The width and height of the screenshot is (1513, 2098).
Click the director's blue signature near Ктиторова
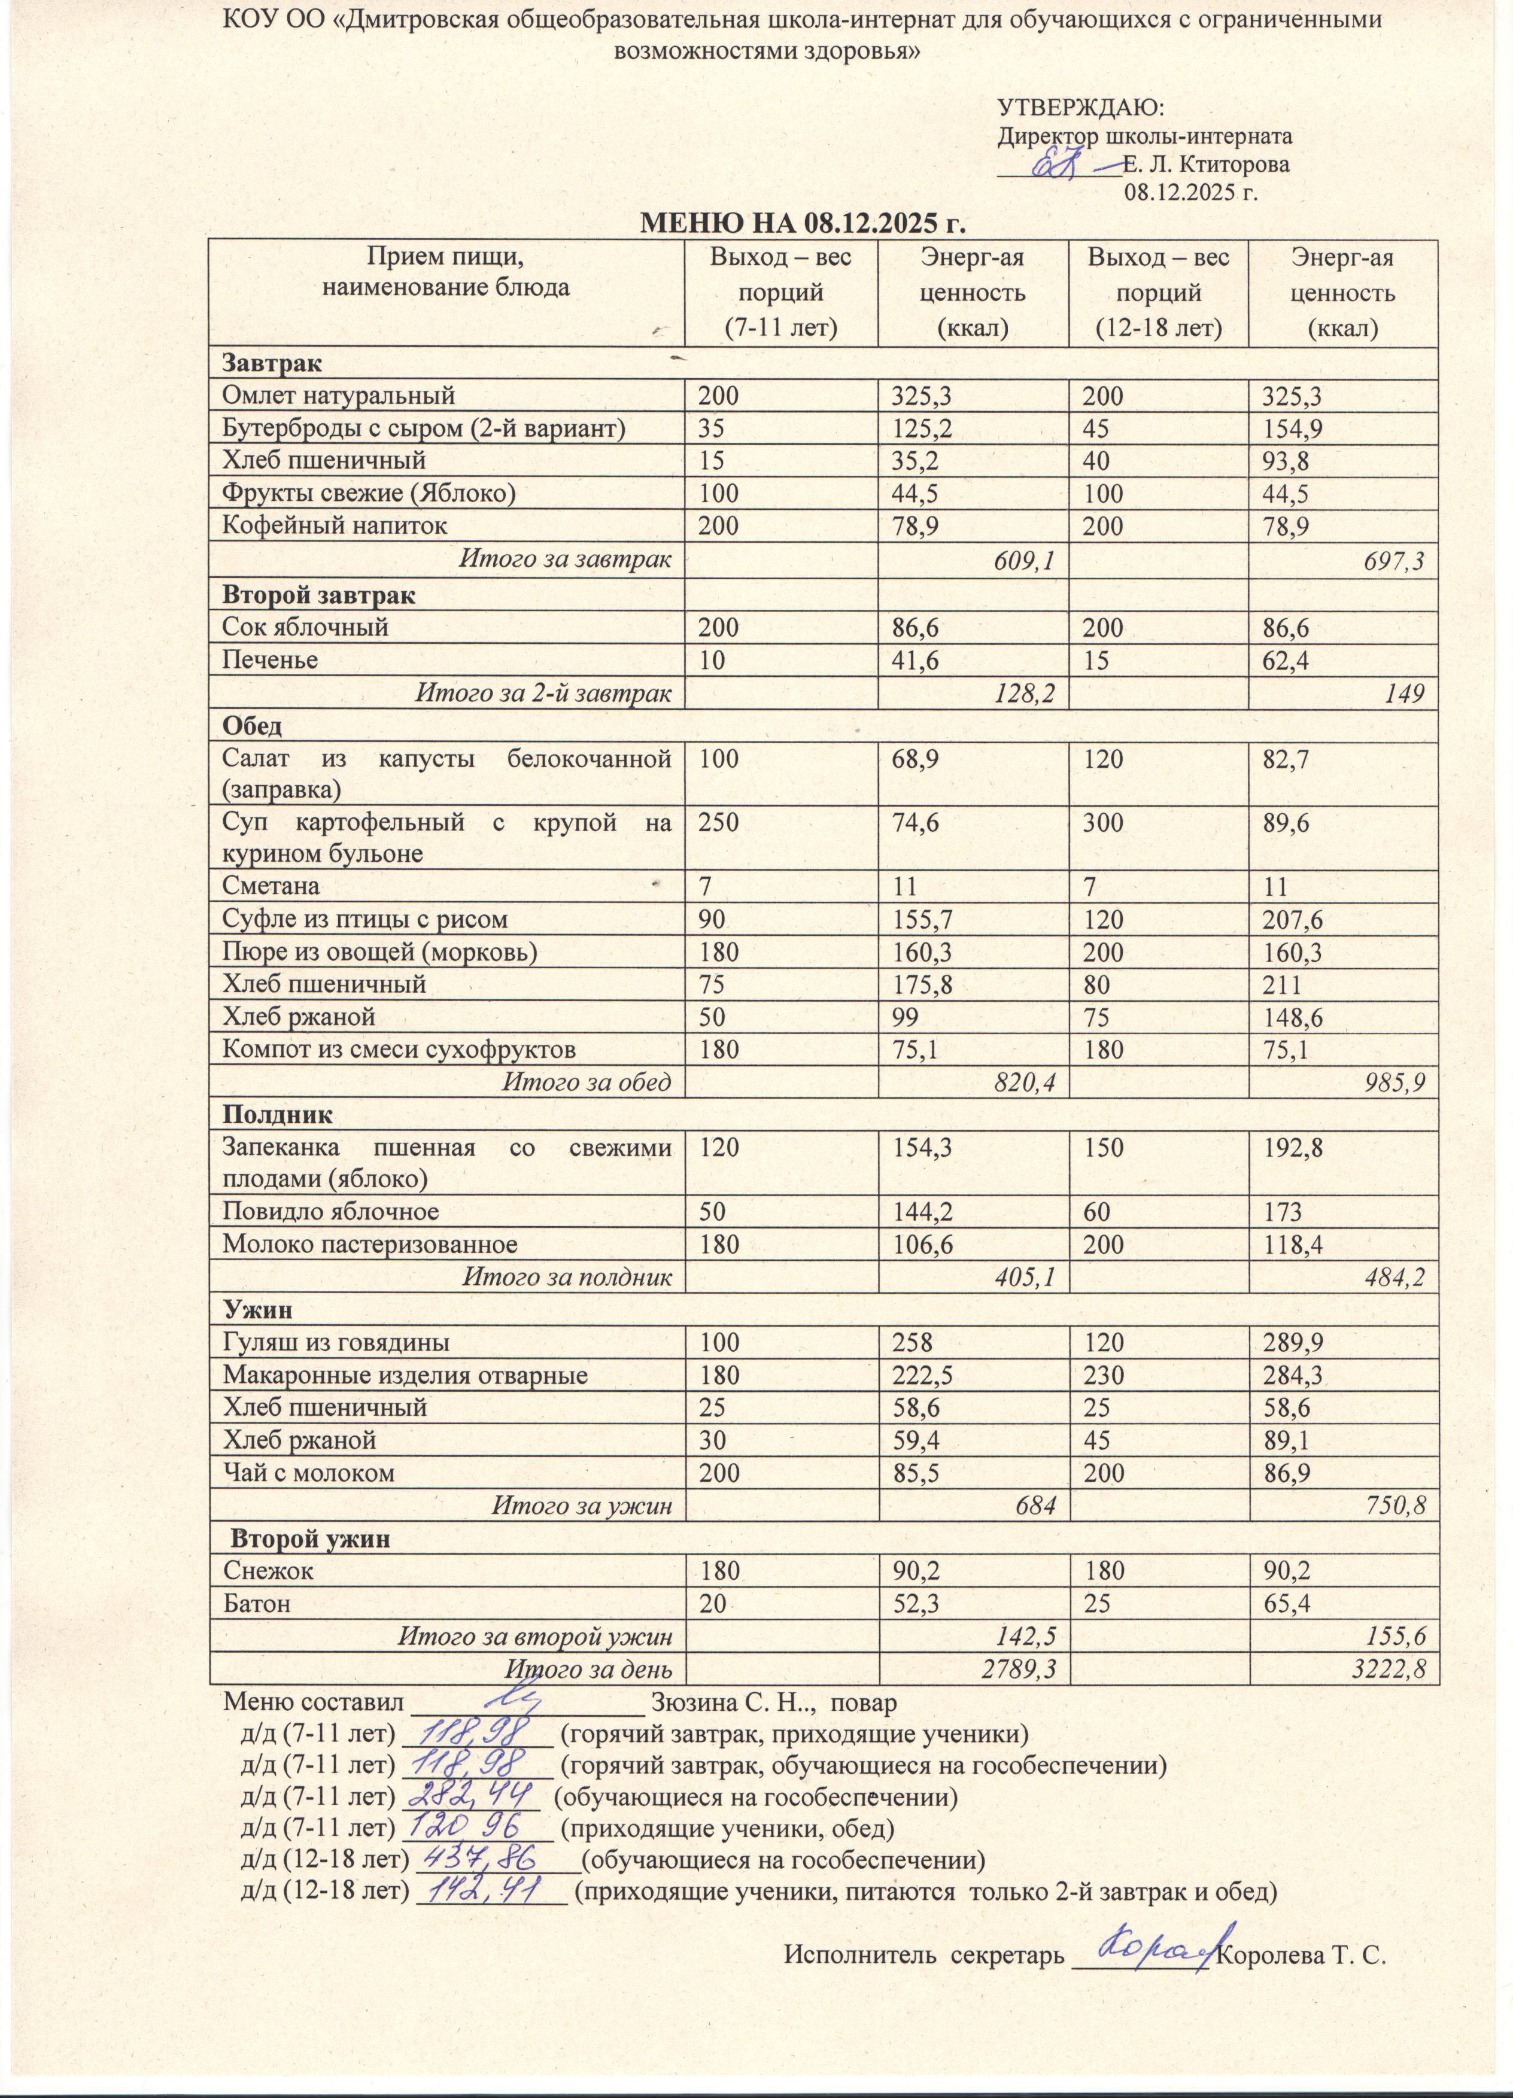[x=1064, y=164]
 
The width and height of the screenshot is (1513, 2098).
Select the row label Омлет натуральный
[x=339, y=396]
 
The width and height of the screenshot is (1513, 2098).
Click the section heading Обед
[x=252, y=726]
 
